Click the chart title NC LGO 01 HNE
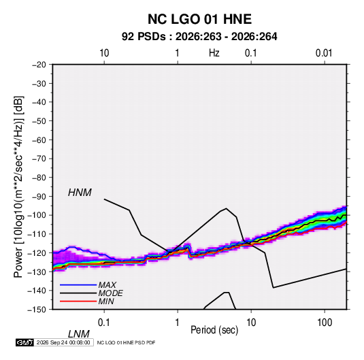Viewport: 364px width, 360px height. tap(199, 19)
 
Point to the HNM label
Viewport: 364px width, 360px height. tap(80, 193)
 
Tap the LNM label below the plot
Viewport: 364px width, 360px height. tap(78, 334)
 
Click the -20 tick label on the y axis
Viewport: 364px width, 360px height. tap(39, 65)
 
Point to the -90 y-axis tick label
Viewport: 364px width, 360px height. tap(39, 196)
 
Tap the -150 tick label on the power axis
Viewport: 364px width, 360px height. tap(37, 310)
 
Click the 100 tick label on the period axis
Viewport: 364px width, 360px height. tap(325, 323)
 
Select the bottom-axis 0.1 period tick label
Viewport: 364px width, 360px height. tap(104, 323)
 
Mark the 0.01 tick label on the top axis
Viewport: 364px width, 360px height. tap(324, 53)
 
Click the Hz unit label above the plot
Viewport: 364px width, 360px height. tap(214, 53)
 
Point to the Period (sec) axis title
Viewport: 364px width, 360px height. tap(214, 330)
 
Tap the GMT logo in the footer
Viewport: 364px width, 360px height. tap(25, 342)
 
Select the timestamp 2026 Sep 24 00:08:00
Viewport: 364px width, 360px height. tap(63, 342)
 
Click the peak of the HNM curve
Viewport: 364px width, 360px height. tap(226, 208)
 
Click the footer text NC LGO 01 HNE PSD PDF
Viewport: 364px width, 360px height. tap(126, 342)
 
